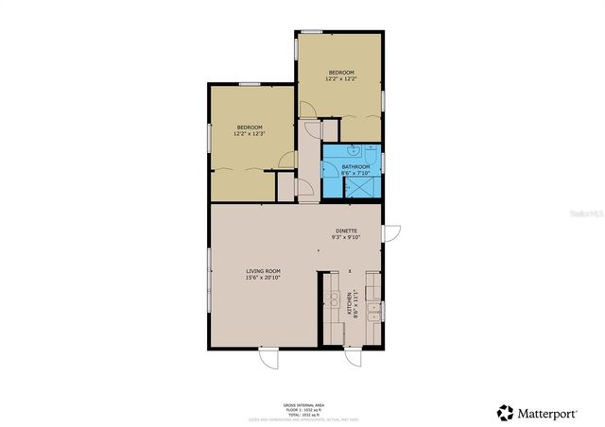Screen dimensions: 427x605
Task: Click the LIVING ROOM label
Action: pyautogui.click(x=263, y=271)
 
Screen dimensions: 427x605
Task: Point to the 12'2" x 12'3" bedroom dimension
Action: pyautogui.click(x=250, y=134)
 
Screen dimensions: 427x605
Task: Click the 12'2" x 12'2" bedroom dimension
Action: pyautogui.click(x=341, y=79)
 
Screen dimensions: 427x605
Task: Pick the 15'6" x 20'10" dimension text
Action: pyautogui.click(x=263, y=278)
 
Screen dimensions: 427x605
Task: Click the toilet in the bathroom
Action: pyautogui.click(x=372, y=151)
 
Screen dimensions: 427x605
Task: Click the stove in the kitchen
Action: pyautogui.click(x=333, y=300)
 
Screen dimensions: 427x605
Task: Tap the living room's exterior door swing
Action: pyautogui.click(x=270, y=359)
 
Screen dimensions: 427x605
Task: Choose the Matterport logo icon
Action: pyautogui.click(x=507, y=412)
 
